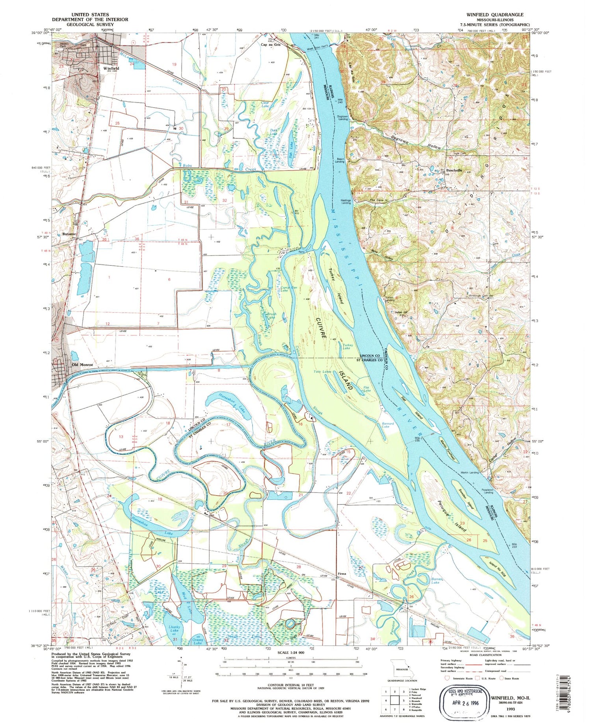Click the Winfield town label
click(111, 68)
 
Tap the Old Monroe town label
click(82, 365)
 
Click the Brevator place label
click(69, 234)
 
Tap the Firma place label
click(342, 574)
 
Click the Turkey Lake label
click(347, 347)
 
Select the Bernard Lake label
click(388, 425)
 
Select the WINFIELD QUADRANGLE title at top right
click(495, 15)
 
